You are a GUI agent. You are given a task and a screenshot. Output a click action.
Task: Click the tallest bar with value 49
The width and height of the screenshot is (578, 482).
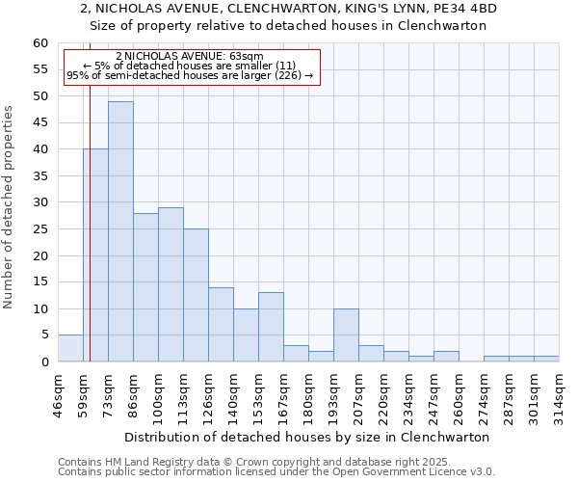click(120, 231)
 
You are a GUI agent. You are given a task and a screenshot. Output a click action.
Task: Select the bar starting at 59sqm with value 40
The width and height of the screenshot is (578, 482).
click(95, 255)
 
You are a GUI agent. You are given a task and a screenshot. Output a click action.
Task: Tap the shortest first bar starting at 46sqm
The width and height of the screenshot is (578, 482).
click(70, 348)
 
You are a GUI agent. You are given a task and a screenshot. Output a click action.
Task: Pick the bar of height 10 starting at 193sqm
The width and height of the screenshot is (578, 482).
click(346, 335)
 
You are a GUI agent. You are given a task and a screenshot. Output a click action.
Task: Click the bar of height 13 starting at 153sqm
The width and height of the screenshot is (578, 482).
click(271, 327)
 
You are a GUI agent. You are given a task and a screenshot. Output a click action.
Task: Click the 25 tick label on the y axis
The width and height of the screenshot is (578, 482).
click(40, 229)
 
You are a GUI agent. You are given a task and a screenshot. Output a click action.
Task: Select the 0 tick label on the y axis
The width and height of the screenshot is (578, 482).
click(44, 362)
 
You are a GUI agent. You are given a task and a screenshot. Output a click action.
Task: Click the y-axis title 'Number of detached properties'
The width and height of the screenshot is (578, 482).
click(10, 207)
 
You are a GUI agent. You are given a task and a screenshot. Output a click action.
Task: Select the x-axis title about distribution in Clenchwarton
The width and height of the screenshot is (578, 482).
click(307, 437)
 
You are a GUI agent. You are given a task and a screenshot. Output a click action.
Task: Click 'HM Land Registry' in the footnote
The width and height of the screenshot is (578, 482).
click(142, 462)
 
